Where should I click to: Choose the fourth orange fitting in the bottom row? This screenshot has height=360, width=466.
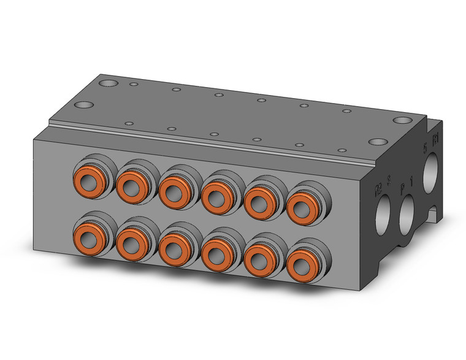click(215, 251)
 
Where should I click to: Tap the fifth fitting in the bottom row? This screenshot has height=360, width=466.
click(258, 258)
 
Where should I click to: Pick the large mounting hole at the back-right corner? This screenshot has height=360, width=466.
click(402, 121)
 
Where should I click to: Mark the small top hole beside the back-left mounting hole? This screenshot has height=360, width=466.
click(132, 84)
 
